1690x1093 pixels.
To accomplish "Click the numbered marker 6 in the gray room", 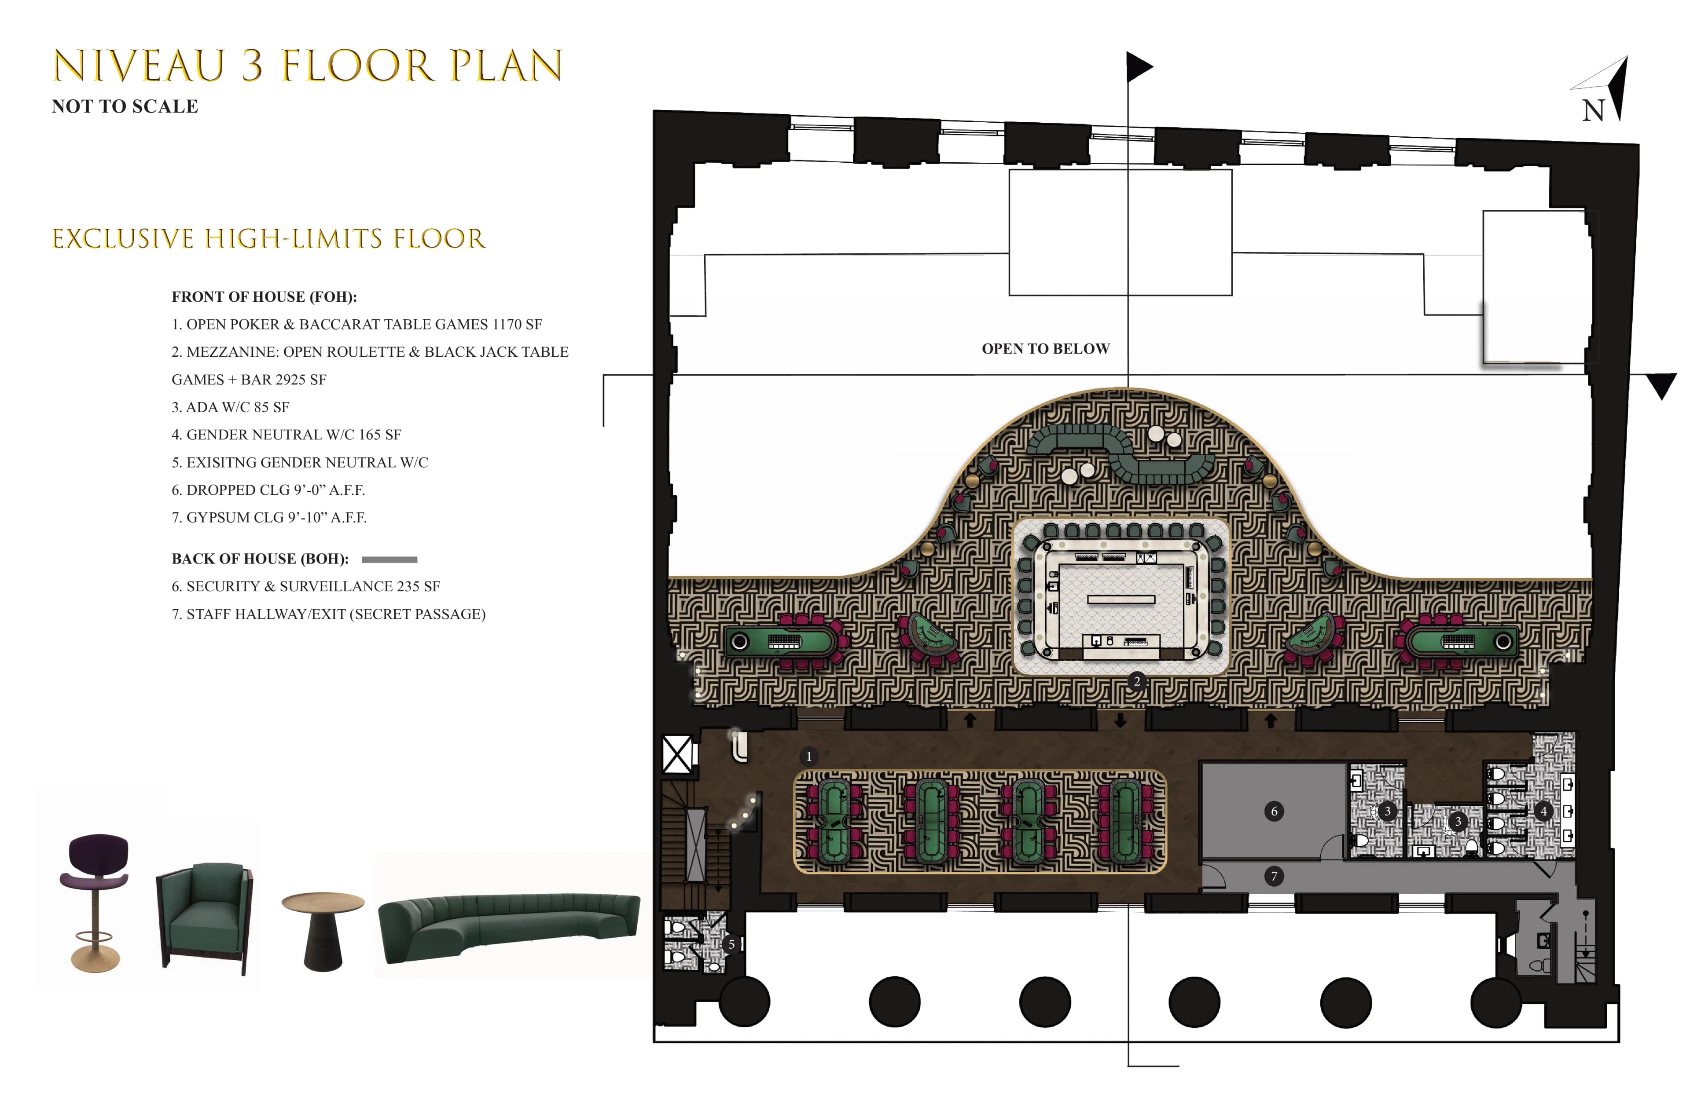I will click(1274, 811).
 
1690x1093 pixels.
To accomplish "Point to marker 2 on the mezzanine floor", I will click(1137, 681).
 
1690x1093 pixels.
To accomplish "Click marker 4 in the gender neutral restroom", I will click(1543, 811).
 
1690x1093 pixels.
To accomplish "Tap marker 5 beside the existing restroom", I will click(731, 945).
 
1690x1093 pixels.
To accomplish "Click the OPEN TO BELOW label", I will click(1045, 348).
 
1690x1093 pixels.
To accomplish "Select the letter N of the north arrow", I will click(1594, 111).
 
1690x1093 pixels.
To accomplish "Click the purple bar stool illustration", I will click(95, 901).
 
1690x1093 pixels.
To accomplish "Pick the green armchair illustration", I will click(205, 916).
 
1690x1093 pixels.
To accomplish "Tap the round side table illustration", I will click(323, 930).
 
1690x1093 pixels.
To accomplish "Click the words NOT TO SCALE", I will click(125, 106).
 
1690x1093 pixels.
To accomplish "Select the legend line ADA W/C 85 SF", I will click(231, 407).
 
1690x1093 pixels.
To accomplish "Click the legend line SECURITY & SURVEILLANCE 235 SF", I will click(306, 586).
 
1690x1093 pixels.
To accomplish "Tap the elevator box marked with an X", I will click(677, 754).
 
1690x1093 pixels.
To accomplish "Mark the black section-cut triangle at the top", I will click(1138, 67).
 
